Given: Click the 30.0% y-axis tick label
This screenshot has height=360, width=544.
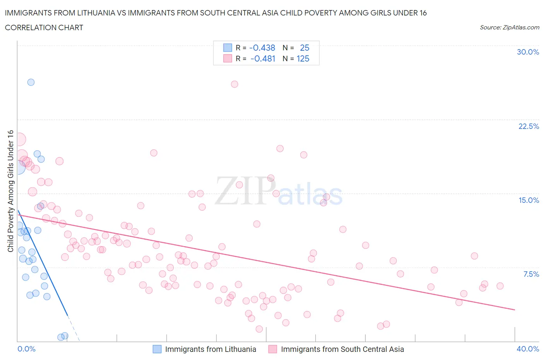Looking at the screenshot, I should (x=528, y=52).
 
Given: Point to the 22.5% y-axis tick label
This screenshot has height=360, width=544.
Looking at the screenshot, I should (x=529, y=126).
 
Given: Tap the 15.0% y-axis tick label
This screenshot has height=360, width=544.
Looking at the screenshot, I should (x=529, y=200).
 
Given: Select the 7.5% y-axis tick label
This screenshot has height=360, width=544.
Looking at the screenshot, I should (x=531, y=274).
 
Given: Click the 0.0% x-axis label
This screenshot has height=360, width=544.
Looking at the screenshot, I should (x=26, y=349).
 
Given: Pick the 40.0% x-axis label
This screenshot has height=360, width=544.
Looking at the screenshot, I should (x=528, y=349).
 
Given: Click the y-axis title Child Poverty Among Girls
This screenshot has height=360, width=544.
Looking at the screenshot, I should (x=10, y=191).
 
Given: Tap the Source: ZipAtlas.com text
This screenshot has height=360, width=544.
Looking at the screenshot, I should (x=509, y=27).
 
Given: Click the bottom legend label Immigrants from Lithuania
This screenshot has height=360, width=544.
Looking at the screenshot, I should (x=210, y=349).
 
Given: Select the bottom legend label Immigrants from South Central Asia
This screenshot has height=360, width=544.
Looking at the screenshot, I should (x=342, y=349).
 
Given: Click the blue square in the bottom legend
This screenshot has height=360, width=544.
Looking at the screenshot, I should (x=157, y=349).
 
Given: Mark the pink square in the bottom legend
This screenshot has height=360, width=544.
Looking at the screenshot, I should (x=273, y=349).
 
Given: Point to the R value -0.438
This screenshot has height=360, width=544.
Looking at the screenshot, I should (x=262, y=48).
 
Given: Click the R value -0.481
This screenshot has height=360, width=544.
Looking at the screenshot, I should (x=263, y=58).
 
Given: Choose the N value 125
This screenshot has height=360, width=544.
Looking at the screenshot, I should (x=303, y=58).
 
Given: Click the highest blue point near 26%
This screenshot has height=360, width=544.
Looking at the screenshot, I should (x=31, y=82).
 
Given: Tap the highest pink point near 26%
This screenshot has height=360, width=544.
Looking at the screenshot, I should (x=234, y=84).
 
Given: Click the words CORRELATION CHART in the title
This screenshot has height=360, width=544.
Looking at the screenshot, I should (x=44, y=27).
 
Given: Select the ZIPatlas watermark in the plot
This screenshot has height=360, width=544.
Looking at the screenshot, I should (x=279, y=191).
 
